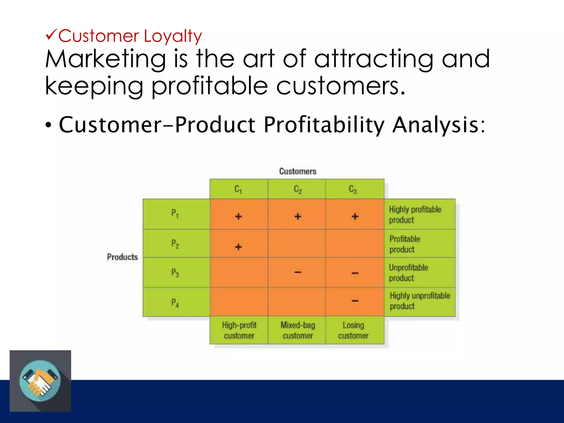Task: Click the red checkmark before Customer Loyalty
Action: pos(51,36)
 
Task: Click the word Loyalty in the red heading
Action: pos(173,36)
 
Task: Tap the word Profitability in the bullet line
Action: pos(324,125)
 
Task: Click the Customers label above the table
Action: pos(298,171)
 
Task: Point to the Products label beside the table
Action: pos(122,257)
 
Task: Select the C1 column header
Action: pos(238,189)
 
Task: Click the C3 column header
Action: pos(353,189)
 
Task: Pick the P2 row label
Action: pos(175,244)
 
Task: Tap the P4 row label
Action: pos(175,302)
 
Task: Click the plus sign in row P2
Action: pos(238,247)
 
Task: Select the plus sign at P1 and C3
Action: pos(355,216)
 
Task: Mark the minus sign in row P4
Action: pos(355,301)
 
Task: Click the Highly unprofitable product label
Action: pos(419,301)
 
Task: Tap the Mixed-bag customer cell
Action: pos(298,330)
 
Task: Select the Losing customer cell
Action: pos(353,330)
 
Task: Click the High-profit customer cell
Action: pos(239,330)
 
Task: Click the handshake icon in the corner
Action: pos(40,381)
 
